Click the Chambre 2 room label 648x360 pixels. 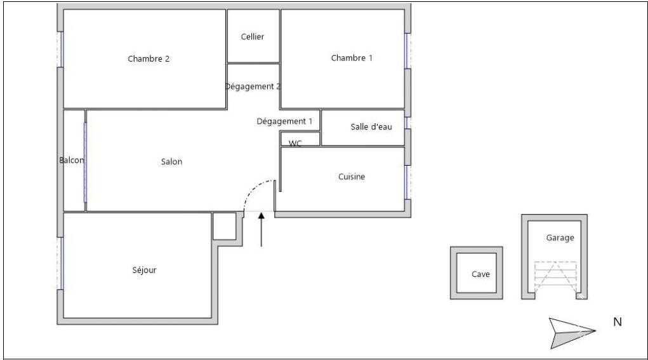149,58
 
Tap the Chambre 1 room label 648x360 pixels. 352,58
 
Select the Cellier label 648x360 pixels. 253,36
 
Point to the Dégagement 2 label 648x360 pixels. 253,86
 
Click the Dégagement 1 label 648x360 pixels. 284,121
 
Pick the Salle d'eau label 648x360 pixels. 371,127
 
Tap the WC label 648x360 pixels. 295,143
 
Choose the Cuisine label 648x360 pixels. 352,177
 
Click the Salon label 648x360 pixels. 171,162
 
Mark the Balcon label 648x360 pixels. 72,160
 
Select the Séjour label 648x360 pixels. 144,270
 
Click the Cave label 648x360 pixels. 480,274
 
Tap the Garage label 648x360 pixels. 560,237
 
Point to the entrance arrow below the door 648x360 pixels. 261,229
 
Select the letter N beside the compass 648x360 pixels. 618,321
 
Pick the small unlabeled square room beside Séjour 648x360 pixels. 225,225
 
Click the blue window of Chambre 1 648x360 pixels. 406,50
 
